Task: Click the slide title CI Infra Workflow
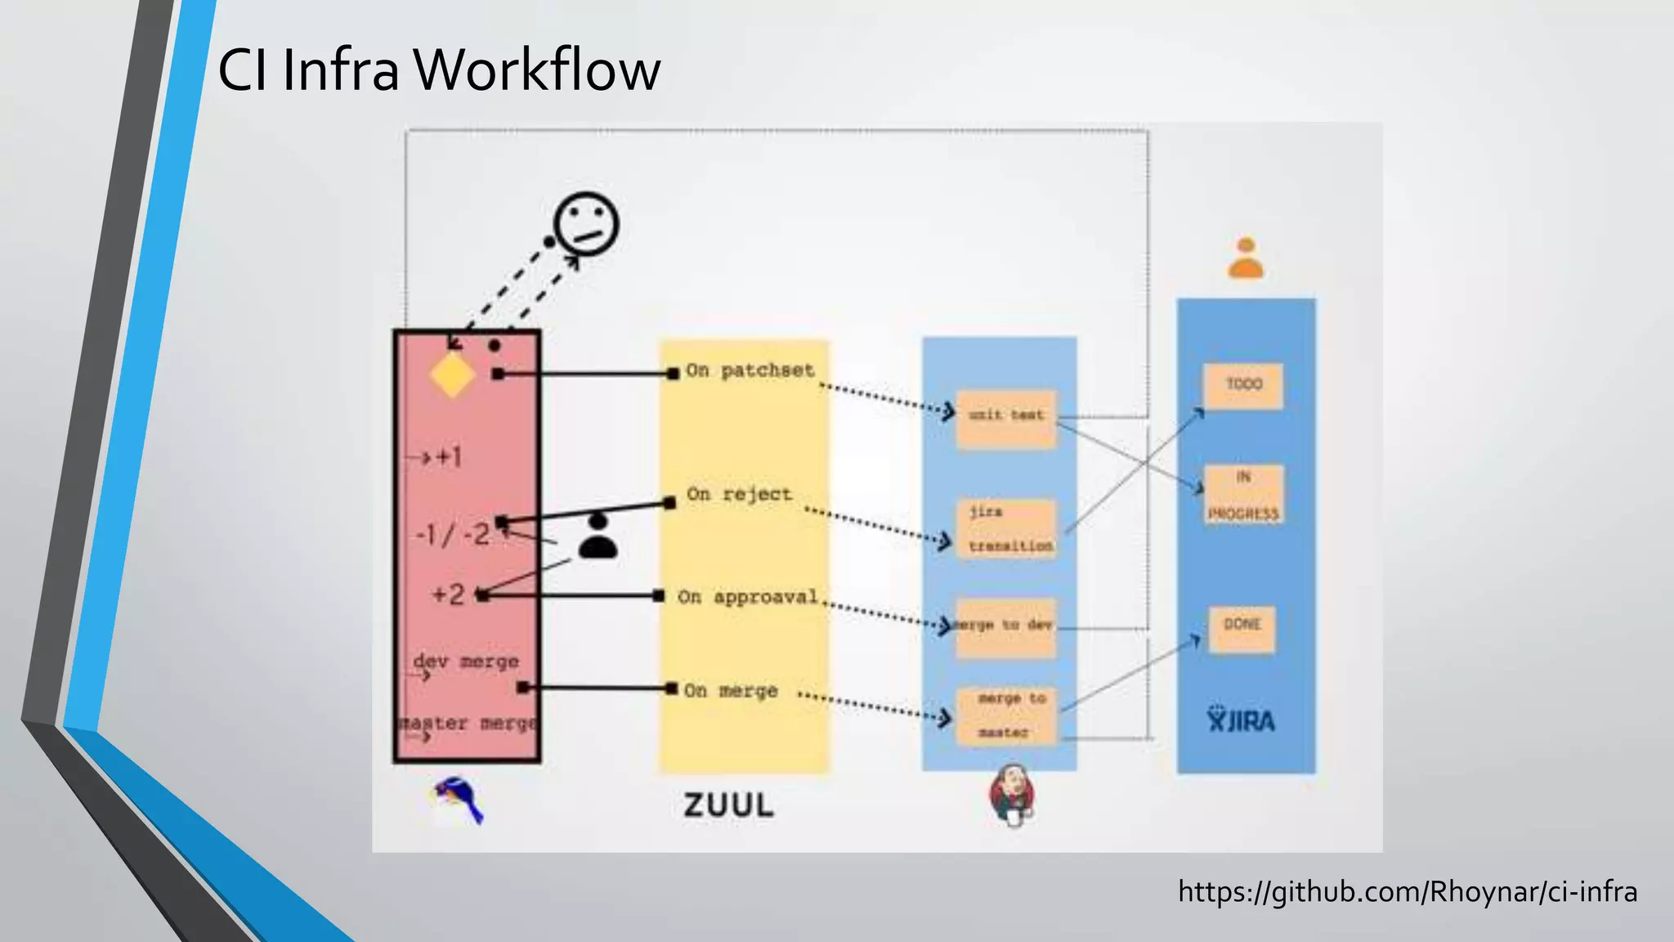click(x=439, y=70)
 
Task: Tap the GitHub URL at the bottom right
click(x=1407, y=891)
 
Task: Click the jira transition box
click(x=1007, y=529)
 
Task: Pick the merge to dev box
click(x=1005, y=626)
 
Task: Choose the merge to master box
click(x=1006, y=715)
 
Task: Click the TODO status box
click(x=1243, y=386)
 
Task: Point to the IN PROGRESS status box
click(x=1243, y=495)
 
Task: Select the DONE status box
click(x=1242, y=628)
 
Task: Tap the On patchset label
click(x=750, y=370)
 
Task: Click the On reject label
click(x=739, y=495)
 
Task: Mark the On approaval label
click(x=747, y=597)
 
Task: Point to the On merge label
click(x=730, y=691)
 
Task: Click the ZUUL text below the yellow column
click(x=728, y=805)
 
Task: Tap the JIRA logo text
click(x=1241, y=720)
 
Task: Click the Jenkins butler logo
click(x=1012, y=796)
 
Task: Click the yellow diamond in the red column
click(x=452, y=375)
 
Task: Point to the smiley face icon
click(x=585, y=223)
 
